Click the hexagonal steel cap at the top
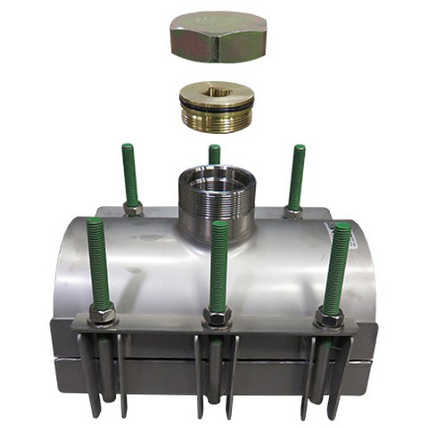click(x=218, y=37)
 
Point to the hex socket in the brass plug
click(x=217, y=91)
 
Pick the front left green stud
click(x=97, y=263)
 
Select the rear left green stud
click(x=130, y=174)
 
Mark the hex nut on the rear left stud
click(x=133, y=210)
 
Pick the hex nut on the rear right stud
click(x=292, y=212)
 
